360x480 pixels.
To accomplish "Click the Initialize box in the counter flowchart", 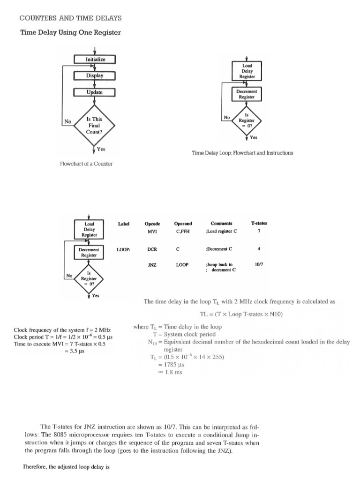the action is click(x=95, y=60).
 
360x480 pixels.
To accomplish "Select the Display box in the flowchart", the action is click(x=95, y=75).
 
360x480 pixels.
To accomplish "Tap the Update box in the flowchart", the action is click(x=95, y=92).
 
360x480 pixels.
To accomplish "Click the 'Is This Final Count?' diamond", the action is click(x=94, y=125).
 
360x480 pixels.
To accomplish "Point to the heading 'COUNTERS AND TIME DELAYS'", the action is click(x=70, y=18).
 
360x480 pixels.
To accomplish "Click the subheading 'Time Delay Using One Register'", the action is click(x=70, y=32).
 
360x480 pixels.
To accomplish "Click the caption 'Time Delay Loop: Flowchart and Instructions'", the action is click(x=243, y=153).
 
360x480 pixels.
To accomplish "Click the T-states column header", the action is click(x=259, y=224).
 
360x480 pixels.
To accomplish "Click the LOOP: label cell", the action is click(x=123, y=249).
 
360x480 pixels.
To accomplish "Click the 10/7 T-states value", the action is click(x=259, y=264).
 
